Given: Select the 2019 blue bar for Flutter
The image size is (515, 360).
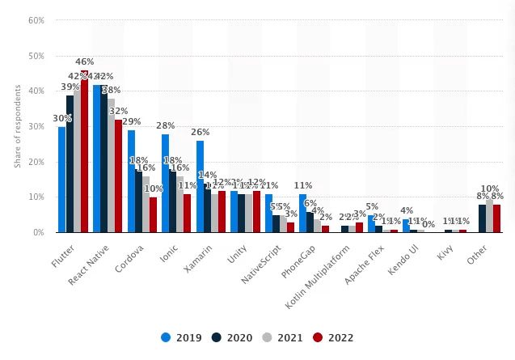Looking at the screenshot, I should tap(61, 180).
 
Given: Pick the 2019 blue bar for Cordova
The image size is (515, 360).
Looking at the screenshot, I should tap(131, 181).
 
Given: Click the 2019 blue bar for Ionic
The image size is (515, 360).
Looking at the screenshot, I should tap(165, 183).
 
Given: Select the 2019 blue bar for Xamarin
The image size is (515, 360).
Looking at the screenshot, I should tap(200, 187).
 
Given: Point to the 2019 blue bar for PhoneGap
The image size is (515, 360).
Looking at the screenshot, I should tap(302, 213).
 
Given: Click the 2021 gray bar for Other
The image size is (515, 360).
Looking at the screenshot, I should tap(490, 215).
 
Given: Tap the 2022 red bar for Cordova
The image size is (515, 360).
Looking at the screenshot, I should tap(154, 214).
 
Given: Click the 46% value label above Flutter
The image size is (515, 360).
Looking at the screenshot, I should tap(85, 61).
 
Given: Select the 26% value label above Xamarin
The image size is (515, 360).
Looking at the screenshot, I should tap(200, 132).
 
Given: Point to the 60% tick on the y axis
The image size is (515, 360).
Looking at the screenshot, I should tap(36, 20).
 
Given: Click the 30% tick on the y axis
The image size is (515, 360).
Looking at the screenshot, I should tap(36, 126).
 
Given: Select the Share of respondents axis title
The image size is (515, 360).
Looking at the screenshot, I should tap(18, 125).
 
